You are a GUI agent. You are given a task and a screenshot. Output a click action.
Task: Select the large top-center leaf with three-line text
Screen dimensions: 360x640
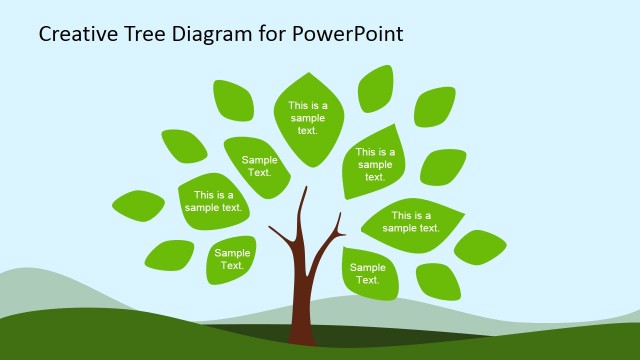click(x=308, y=118)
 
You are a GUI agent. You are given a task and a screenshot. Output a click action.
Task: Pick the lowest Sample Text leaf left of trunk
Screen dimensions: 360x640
click(x=231, y=260)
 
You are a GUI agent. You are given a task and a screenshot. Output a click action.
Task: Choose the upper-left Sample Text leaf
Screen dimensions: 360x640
click(x=258, y=166)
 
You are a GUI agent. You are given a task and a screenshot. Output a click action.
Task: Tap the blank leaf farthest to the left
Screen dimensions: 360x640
click(x=138, y=205)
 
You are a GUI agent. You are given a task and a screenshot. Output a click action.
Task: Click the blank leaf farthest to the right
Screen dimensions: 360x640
click(x=480, y=246)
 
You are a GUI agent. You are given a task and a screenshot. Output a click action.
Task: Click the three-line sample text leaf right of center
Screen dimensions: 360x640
click(x=374, y=163)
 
